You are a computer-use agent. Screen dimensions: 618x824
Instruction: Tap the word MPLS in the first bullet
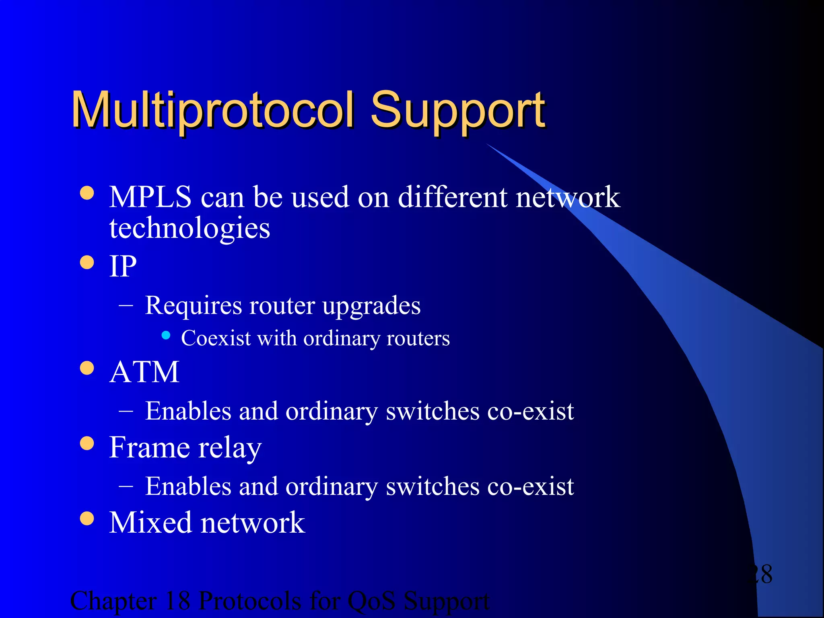(x=150, y=197)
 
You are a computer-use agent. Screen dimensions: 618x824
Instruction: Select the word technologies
(x=190, y=229)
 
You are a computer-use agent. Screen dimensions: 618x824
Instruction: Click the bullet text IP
(x=123, y=266)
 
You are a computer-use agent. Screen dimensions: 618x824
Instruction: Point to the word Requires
(x=193, y=306)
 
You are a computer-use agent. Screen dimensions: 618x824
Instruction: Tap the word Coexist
(x=216, y=338)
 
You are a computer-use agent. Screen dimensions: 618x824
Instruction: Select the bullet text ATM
(x=144, y=372)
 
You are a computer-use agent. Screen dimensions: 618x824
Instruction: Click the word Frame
(x=149, y=447)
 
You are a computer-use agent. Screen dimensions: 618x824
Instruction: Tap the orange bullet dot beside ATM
(x=87, y=368)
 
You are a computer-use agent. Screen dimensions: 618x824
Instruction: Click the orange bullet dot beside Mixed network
(x=87, y=518)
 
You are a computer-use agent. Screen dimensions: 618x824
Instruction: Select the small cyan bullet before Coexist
(x=166, y=335)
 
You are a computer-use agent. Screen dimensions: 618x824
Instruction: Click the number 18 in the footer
(x=177, y=601)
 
